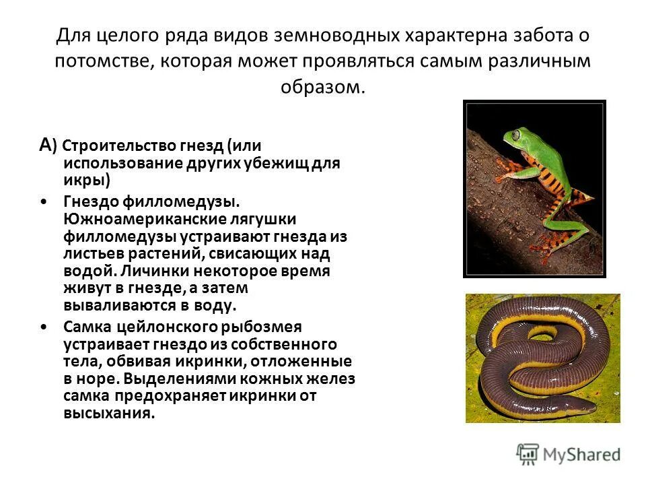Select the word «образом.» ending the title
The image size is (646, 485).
coord(323,88)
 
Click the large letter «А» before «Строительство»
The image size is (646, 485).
coord(46,143)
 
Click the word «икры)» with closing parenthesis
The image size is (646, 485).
coord(87,180)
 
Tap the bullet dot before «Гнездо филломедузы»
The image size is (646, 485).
coord(44,201)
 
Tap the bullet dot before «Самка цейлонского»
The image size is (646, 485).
coord(44,327)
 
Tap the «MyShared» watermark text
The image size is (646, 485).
coord(581,455)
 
